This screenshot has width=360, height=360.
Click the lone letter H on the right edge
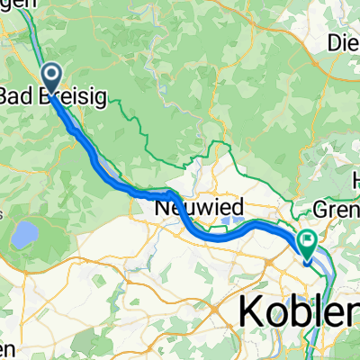[354, 175]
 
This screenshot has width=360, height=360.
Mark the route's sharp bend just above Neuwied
[171, 192]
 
